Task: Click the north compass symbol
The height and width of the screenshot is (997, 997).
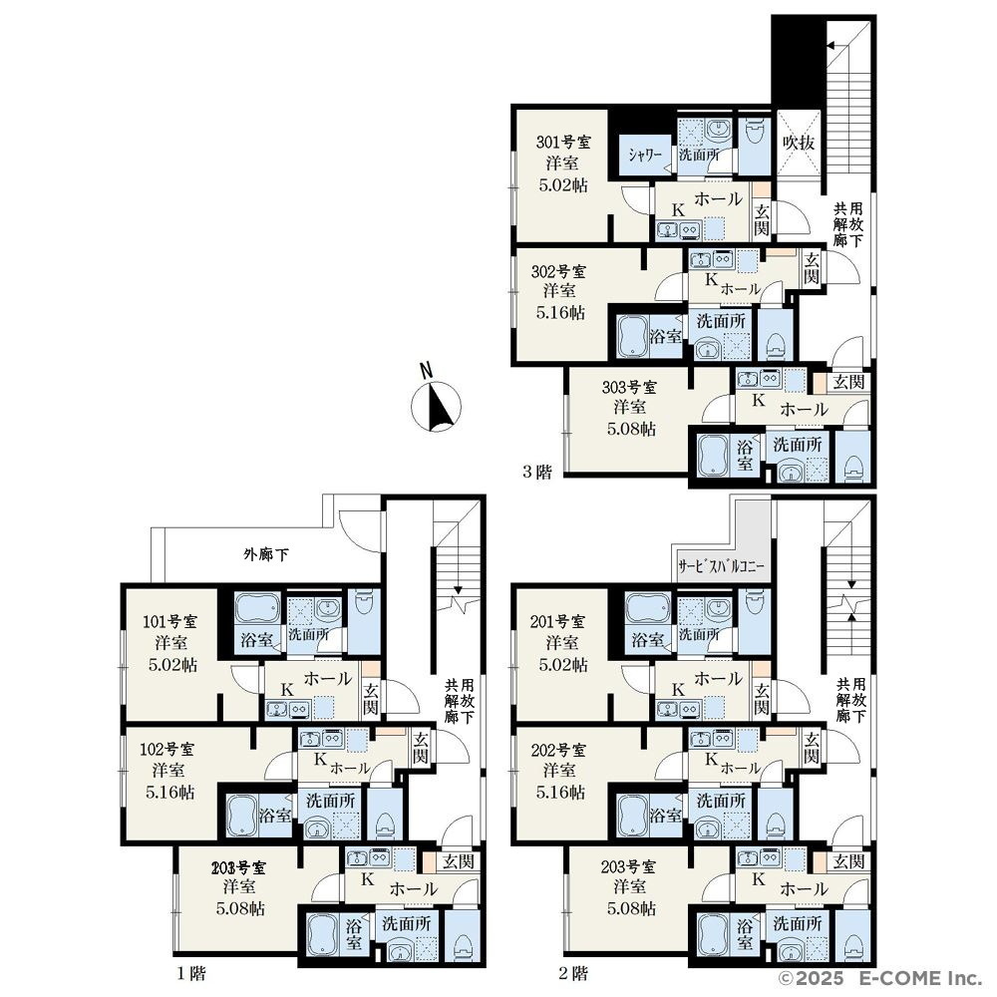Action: point(436,405)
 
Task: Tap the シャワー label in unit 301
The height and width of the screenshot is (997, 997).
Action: point(645,156)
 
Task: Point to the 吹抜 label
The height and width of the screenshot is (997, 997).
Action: point(799,143)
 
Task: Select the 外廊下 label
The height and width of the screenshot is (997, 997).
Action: point(266,554)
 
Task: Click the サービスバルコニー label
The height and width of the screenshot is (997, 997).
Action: point(721,566)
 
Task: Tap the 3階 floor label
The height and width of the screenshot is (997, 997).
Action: point(537,473)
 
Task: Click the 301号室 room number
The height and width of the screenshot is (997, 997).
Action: point(562,142)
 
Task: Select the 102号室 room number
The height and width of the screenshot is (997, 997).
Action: point(167,749)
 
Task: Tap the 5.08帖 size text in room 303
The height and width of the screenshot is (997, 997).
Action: point(631,429)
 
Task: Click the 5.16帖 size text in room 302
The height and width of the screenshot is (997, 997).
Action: point(559,312)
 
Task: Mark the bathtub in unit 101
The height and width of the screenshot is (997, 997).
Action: point(257,609)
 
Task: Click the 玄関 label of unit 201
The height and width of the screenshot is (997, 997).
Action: point(762,699)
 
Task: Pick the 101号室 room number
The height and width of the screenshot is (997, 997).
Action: point(169,621)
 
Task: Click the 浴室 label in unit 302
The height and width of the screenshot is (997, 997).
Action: point(666,336)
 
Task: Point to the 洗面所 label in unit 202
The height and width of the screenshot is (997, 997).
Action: point(721,801)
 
